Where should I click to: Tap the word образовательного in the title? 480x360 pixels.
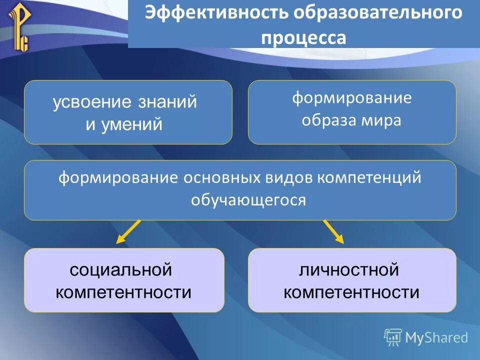pyautogui.click(x=377, y=13)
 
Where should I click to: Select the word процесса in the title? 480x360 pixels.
pyautogui.click(x=303, y=37)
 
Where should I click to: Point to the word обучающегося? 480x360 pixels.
pyautogui.click(x=248, y=200)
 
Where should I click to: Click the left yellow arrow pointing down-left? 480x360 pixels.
pyautogui.click(x=128, y=231)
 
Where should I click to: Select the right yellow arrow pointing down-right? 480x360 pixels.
pyautogui.click(x=333, y=231)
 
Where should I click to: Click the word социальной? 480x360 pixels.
pyautogui.click(x=121, y=270)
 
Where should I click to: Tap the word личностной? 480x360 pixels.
pyautogui.click(x=349, y=270)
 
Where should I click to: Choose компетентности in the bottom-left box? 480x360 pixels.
pyautogui.click(x=123, y=292)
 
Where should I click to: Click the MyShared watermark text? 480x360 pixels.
pyautogui.click(x=436, y=337)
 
